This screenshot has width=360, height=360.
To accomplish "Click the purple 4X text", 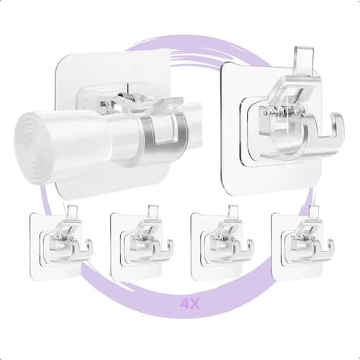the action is [190, 304].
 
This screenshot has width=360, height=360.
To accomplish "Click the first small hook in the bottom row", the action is [61, 243].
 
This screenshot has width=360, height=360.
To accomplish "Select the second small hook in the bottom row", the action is [142, 243].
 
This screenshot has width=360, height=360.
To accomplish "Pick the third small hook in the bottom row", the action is [222, 243].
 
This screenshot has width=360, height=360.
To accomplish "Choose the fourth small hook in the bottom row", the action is [303, 243].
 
